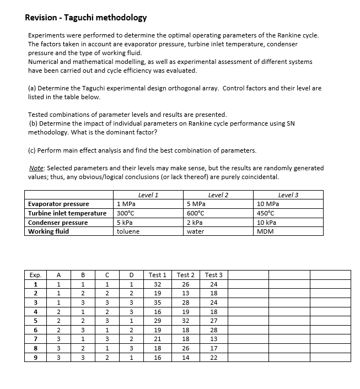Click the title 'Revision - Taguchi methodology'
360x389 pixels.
86,18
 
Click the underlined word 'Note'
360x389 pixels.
36,168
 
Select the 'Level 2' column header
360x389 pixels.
218,195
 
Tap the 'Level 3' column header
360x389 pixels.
288,195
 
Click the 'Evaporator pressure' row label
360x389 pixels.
58,204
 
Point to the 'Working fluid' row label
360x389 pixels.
49,231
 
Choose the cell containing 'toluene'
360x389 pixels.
128,231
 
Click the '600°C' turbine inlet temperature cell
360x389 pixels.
197,213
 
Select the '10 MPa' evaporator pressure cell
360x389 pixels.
268,204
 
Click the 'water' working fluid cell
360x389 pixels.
195,231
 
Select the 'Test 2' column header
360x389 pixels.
185,275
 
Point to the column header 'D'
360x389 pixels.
131,275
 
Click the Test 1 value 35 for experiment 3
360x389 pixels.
158,303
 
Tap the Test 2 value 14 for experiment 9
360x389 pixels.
185,358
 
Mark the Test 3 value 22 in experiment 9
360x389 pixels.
213,358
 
